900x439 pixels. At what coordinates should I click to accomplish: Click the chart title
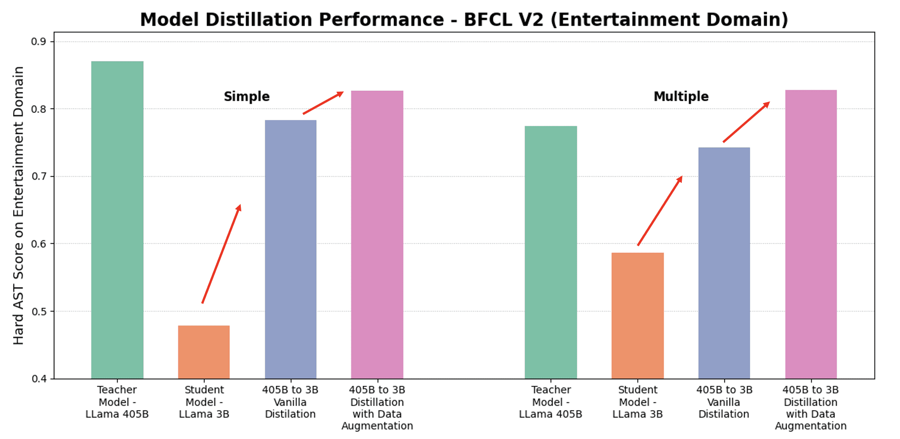(464, 20)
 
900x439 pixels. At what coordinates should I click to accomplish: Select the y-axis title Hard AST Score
(19, 205)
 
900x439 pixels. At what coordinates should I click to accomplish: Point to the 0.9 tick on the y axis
(38, 42)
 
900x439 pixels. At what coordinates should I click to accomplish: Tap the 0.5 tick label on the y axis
(38, 311)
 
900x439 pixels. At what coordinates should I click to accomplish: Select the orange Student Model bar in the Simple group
(204, 352)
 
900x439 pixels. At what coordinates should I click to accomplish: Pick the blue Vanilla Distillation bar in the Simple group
(291, 249)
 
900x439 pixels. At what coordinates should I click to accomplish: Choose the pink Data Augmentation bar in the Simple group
(377, 234)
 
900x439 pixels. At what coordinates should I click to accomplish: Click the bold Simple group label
(247, 97)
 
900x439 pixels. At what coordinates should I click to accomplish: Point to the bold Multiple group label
(681, 97)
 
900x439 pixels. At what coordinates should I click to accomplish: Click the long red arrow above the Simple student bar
(221, 254)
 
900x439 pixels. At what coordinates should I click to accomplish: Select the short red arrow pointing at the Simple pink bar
(323, 103)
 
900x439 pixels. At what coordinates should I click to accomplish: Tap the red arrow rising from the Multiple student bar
(660, 211)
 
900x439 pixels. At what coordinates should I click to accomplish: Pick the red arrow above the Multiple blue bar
(746, 122)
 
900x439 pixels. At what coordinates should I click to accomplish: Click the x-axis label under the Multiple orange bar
(637, 402)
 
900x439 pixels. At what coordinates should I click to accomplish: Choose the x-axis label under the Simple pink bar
(377, 408)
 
